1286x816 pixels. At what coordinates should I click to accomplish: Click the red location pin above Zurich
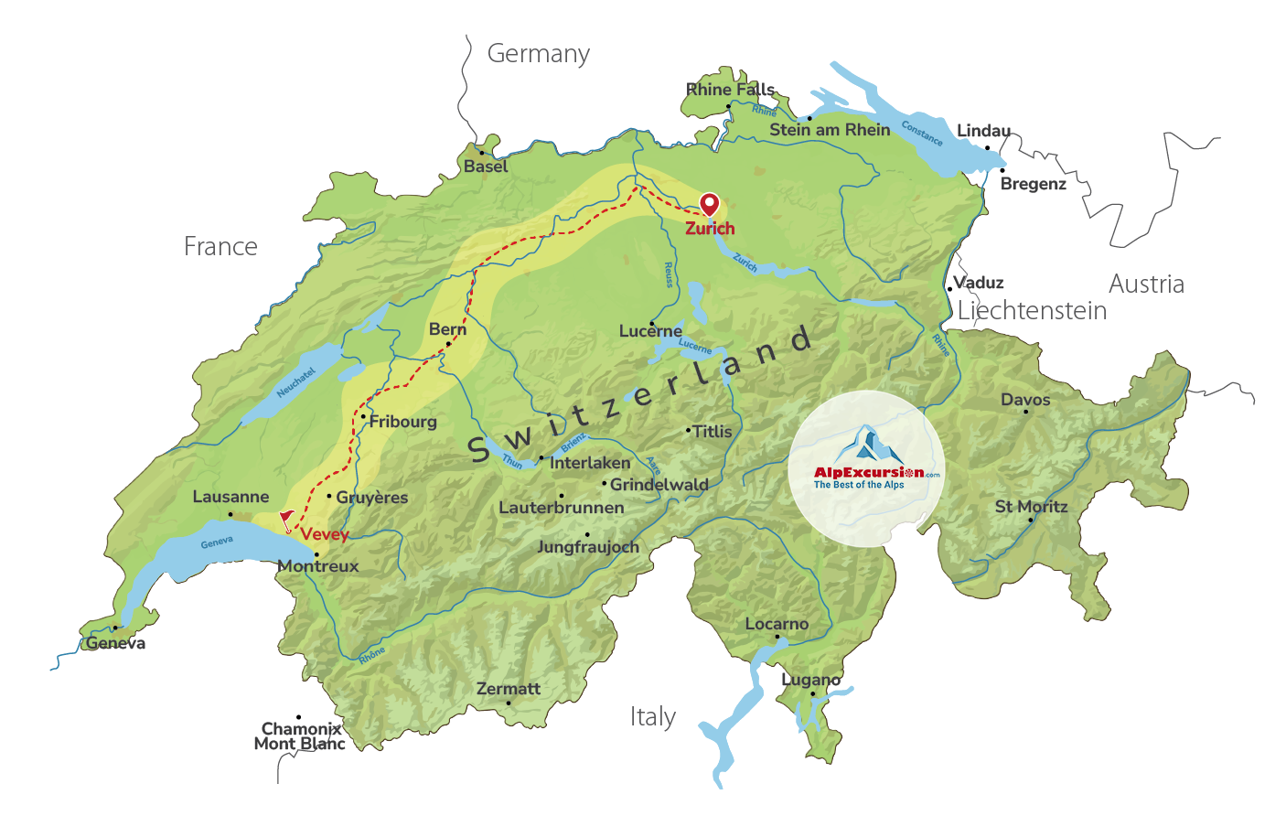pyautogui.click(x=709, y=203)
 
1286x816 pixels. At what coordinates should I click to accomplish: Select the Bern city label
pyautogui.click(x=447, y=329)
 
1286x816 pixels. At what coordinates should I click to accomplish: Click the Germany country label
pyautogui.click(x=538, y=54)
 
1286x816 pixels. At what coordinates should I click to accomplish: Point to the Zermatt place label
pyautogui.click(x=509, y=688)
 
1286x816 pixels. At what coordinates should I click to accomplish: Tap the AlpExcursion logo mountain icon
pyautogui.click(x=866, y=446)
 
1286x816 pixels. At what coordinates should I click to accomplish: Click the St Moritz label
pyautogui.click(x=1031, y=506)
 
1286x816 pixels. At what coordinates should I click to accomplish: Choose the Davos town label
pyautogui.click(x=1025, y=400)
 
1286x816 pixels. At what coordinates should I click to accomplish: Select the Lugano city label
pyautogui.click(x=810, y=680)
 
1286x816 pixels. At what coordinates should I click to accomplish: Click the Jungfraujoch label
pyautogui.click(x=587, y=547)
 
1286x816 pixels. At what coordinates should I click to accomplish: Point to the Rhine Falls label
pyautogui.click(x=730, y=89)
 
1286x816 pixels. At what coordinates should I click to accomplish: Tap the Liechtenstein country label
pyautogui.click(x=1032, y=311)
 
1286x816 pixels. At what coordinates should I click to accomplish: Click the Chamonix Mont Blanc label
pyautogui.click(x=300, y=735)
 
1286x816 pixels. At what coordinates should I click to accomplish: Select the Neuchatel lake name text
pyautogui.click(x=295, y=382)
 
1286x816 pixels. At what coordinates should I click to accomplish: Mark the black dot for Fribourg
pyautogui.click(x=363, y=417)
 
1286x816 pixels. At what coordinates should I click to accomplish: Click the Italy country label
pyautogui.click(x=652, y=716)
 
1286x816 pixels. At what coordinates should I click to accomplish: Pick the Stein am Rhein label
pyautogui.click(x=830, y=130)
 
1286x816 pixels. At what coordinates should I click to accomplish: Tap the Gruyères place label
pyautogui.click(x=371, y=498)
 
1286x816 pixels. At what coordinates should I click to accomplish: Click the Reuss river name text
pyautogui.click(x=669, y=274)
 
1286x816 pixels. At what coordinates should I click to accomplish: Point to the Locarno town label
pyautogui.click(x=777, y=624)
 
